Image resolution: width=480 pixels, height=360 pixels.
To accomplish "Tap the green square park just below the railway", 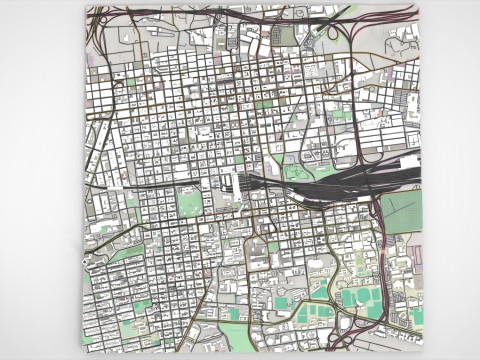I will click(x=189, y=204).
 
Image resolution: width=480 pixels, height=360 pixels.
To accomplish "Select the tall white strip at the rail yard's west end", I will click(x=236, y=185).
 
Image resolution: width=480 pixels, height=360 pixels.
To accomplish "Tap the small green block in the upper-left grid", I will click(x=130, y=81).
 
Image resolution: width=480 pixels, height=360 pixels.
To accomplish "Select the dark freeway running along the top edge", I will click(x=250, y=14).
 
